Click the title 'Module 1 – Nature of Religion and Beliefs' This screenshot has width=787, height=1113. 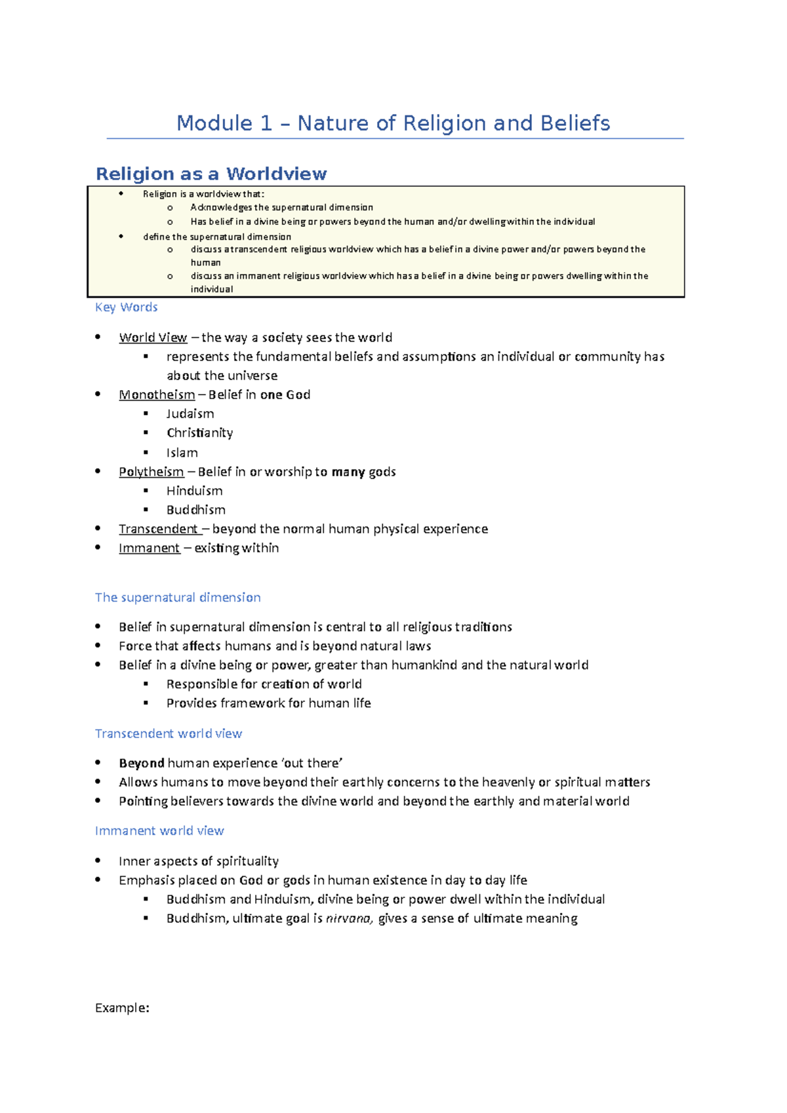click(393, 123)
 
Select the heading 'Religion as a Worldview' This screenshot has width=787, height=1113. click(211, 174)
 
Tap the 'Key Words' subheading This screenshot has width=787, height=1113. click(126, 307)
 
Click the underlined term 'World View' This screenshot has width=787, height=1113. click(153, 338)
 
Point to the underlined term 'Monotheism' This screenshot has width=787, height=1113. click(157, 395)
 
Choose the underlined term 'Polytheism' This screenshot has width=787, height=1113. click(151, 472)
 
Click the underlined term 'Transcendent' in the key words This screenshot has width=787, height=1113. click(158, 529)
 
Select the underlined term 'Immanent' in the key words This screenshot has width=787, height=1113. click(149, 548)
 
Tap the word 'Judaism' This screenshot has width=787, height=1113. click(190, 414)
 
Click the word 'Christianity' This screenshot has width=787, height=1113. click(199, 433)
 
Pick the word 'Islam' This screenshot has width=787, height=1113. click(182, 453)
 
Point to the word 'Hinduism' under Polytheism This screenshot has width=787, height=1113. click(194, 491)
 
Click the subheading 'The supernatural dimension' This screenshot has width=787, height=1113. click(178, 597)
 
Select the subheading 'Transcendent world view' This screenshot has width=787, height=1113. click(169, 733)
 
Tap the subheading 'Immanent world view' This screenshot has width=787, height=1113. click(159, 831)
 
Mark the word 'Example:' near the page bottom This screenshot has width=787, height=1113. click(122, 1008)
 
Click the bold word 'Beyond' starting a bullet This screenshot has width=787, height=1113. click(141, 763)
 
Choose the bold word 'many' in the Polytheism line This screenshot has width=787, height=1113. click(348, 472)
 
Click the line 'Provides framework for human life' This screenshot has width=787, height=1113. click(268, 703)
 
